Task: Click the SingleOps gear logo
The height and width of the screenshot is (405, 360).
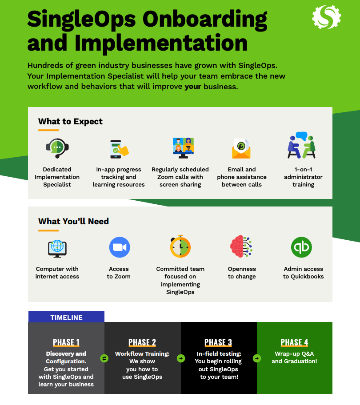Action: coord(326,17)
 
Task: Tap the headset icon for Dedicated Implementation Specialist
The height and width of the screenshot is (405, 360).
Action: coord(57,148)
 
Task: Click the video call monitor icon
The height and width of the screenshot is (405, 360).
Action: coord(183,148)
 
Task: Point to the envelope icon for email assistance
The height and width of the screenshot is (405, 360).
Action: coord(241,148)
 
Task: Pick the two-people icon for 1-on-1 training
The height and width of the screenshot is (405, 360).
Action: coord(302,145)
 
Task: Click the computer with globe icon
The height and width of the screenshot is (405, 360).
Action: coord(57,249)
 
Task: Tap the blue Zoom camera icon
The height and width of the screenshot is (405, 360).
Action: coord(120,247)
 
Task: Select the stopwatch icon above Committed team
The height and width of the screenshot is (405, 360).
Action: coord(180,246)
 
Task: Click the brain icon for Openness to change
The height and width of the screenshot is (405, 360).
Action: coord(241,246)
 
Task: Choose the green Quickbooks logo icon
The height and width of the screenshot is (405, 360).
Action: coord(301,247)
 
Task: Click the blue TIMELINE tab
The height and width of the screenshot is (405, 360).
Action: coord(66,317)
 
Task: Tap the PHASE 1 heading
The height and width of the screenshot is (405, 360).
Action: coord(66,342)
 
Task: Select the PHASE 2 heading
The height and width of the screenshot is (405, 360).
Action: coord(142,342)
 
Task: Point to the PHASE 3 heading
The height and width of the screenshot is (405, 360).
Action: coord(218,342)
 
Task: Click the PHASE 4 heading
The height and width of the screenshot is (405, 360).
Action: coord(294,342)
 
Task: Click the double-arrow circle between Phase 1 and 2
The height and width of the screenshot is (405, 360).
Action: coord(104,358)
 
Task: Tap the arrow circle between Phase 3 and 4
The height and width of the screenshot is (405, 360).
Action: coord(257,358)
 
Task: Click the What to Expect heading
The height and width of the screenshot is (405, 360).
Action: coord(70,121)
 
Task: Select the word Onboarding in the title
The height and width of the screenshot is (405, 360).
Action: coord(205,20)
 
